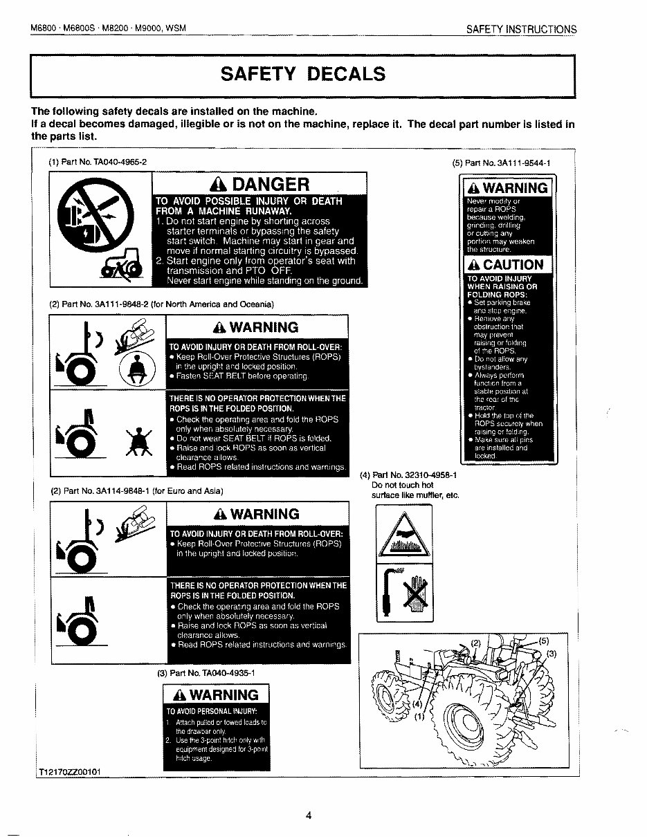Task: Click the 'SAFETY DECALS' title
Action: coord(302,74)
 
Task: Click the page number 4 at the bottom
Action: coord(309,814)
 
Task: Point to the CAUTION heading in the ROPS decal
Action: coord(507,264)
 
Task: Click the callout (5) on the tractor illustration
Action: coord(544,641)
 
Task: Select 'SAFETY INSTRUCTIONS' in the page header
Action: coord(521,30)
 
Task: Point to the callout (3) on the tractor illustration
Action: coord(552,654)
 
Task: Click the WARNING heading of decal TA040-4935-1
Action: coord(215,695)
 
